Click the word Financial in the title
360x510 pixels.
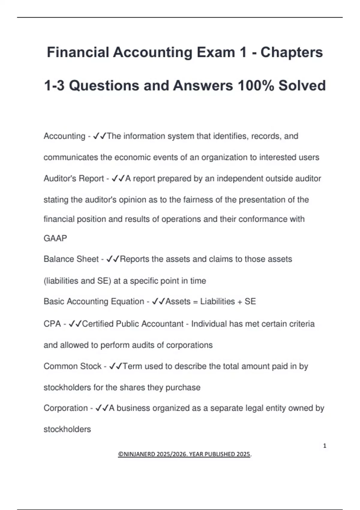(78, 52)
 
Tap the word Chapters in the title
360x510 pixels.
(291, 52)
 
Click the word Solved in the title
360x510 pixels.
(302, 85)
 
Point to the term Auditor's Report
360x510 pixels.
(73, 178)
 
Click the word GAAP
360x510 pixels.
(55, 238)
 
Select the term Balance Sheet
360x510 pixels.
(71, 259)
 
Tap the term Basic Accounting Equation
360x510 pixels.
(94, 301)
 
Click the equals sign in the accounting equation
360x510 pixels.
(195, 301)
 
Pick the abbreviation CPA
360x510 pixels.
(52, 324)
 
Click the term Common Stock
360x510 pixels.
(72, 366)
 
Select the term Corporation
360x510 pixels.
(65, 408)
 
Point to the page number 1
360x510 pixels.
(325, 446)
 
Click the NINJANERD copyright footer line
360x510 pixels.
(184, 454)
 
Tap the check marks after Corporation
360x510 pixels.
(102, 408)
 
